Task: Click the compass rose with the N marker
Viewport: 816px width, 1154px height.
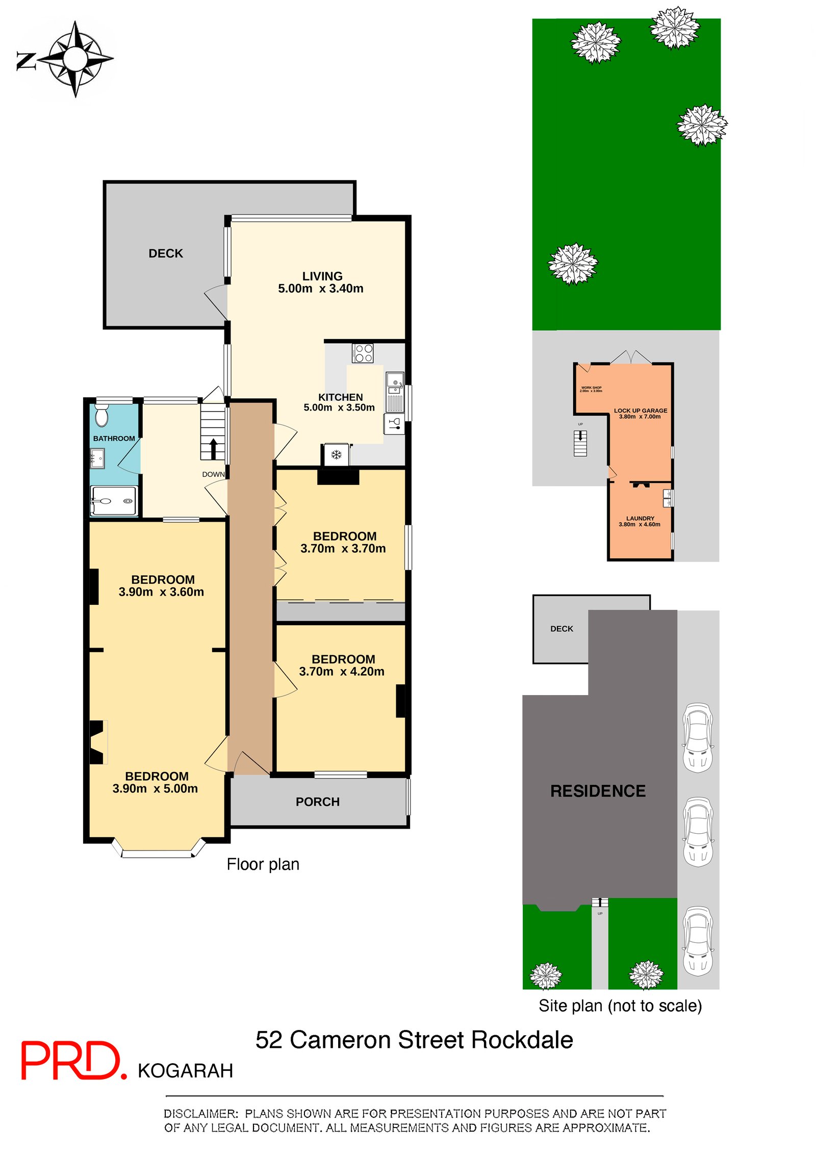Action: pyautogui.click(x=74, y=59)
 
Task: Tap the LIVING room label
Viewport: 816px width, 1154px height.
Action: pyautogui.click(x=322, y=276)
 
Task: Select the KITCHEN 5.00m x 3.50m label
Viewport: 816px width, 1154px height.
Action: pyautogui.click(x=340, y=402)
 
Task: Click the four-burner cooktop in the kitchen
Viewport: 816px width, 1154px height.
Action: pyautogui.click(x=363, y=353)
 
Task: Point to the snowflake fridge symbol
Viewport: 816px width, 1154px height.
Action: pyautogui.click(x=336, y=454)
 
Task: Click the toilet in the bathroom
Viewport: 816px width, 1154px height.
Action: pyautogui.click(x=102, y=416)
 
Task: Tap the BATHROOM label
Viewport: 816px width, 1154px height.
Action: pyautogui.click(x=114, y=439)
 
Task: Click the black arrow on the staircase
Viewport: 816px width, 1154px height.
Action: pyautogui.click(x=213, y=449)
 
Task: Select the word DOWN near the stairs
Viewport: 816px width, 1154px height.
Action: pyautogui.click(x=213, y=474)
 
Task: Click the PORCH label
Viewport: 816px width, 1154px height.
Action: pyautogui.click(x=317, y=802)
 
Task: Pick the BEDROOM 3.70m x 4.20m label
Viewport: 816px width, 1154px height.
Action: pyautogui.click(x=342, y=665)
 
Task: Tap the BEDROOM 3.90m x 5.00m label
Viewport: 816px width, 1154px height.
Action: pyautogui.click(x=156, y=782)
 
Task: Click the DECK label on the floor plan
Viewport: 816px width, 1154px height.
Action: pyautogui.click(x=165, y=253)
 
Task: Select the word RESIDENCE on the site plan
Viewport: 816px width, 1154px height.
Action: pyautogui.click(x=598, y=791)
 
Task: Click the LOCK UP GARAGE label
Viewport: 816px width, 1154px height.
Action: pyautogui.click(x=640, y=413)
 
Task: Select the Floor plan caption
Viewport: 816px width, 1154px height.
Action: pyautogui.click(x=263, y=864)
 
